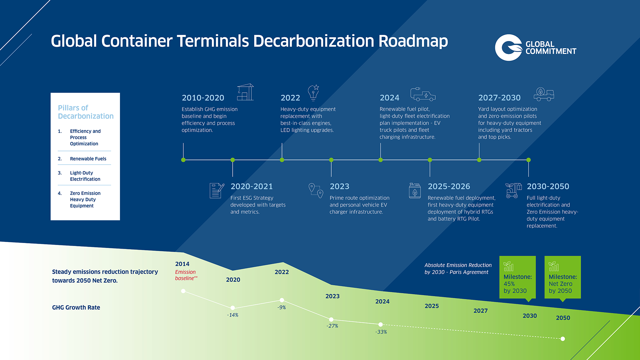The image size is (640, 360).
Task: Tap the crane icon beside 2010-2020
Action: click(245, 92)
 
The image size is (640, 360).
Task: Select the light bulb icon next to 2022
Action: click(313, 93)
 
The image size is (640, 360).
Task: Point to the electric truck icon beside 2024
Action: click(423, 94)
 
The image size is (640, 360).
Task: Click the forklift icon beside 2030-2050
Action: click(513, 190)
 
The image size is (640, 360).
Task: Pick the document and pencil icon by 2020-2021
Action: click(217, 191)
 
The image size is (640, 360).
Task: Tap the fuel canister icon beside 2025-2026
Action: click(415, 191)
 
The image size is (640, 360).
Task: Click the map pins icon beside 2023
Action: click(316, 191)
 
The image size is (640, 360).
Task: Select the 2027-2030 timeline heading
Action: click(499, 98)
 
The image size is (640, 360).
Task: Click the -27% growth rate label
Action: click(332, 326)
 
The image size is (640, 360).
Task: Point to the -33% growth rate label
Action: click(381, 332)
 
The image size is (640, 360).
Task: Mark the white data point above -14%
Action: click(233, 308)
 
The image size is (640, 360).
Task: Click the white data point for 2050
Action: click(563, 339)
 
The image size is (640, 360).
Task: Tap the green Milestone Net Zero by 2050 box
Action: click(563, 277)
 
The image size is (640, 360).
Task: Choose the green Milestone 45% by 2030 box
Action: click(517, 277)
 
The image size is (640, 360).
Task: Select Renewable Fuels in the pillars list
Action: click(88, 159)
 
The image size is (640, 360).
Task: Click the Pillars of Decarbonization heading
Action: click(86, 112)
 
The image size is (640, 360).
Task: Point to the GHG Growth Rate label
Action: click(76, 307)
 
